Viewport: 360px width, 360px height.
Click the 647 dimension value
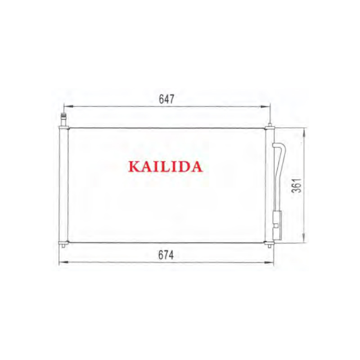click(166, 99)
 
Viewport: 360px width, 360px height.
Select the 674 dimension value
click(166, 255)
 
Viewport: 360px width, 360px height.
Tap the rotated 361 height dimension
click(297, 185)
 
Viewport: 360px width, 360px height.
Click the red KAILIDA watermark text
click(165, 166)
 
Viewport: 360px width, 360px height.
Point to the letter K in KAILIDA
click(134, 166)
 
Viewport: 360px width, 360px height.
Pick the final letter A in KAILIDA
click(196, 166)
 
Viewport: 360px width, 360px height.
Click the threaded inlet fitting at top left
click(63, 119)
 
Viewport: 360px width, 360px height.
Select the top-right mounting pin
click(270, 125)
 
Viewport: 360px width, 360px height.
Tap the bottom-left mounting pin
click(63, 246)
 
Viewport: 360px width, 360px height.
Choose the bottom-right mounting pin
click(270, 246)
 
